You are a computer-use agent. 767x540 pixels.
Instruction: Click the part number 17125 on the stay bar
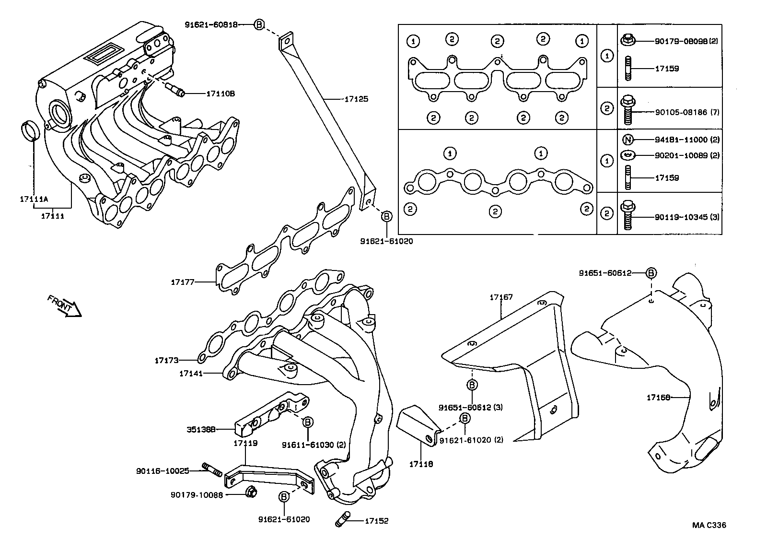[x=356, y=99]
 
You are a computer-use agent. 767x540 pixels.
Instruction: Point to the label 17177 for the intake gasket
[x=183, y=282]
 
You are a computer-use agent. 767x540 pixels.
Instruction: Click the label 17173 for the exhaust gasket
[x=166, y=360]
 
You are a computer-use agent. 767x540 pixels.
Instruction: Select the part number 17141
[x=191, y=373]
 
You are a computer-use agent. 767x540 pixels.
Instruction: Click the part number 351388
[x=200, y=429]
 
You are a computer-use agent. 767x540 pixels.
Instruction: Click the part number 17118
[x=421, y=464]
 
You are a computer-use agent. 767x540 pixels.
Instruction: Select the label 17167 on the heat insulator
[x=501, y=297]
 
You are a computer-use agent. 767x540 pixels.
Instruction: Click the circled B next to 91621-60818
[x=258, y=24]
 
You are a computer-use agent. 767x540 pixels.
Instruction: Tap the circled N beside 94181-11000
[x=628, y=140]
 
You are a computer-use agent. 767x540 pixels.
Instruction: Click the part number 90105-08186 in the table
[x=681, y=112]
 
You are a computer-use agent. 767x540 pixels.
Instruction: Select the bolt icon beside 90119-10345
[x=628, y=216]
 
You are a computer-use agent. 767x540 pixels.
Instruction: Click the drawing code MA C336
[x=709, y=525]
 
